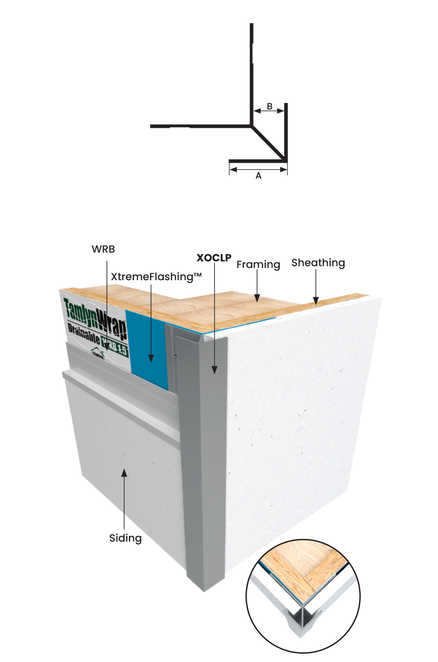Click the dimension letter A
[x=258, y=176]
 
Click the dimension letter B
[x=270, y=106]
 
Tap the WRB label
[x=103, y=249]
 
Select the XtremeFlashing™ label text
[x=156, y=277]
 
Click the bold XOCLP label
[x=214, y=258]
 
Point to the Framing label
[x=258, y=264]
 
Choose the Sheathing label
[x=318, y=263]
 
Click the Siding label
[x=125, y=538]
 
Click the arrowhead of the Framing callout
[x=257, y=298]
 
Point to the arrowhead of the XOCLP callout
[x=214, y=370]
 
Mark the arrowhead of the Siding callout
[x=124, y=473]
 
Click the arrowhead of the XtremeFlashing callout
[x=151, y=358]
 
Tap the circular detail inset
[x=303, y=596]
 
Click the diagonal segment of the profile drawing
[x=268, y=142]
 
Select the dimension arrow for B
[x=269, y=111]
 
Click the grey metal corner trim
[x=204, y=460]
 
